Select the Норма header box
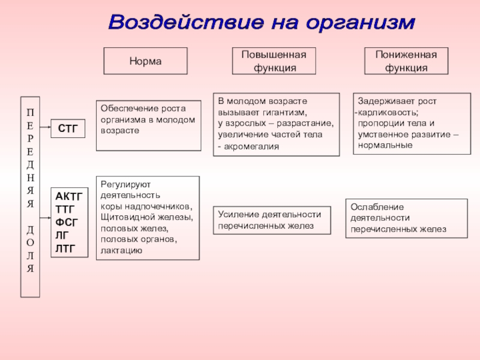145,61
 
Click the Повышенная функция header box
274,61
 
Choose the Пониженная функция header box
406,61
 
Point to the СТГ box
67,127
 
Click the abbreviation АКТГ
69,196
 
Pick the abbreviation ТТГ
65,209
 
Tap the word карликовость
388,112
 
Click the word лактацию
122,250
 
